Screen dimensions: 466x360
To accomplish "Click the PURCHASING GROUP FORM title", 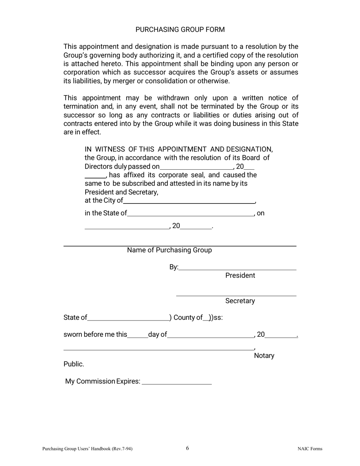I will pos(180,30).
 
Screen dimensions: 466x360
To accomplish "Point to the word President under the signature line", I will pos(240,276).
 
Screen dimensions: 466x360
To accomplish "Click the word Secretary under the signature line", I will pos(240,301).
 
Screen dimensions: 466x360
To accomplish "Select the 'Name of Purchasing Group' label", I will pos(169,250).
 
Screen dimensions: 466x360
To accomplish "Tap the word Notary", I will pos(264,356).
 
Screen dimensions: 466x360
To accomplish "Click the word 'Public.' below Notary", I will pos(74,364).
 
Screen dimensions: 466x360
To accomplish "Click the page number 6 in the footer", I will pos(187,449).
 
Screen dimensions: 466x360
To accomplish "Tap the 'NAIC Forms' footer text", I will pos(310,449).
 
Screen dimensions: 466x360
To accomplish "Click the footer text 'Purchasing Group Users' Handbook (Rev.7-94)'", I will pos(87,449).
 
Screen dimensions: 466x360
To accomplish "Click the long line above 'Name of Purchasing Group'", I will pos(180,246).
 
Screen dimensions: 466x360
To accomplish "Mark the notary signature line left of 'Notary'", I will pos(158,349).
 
